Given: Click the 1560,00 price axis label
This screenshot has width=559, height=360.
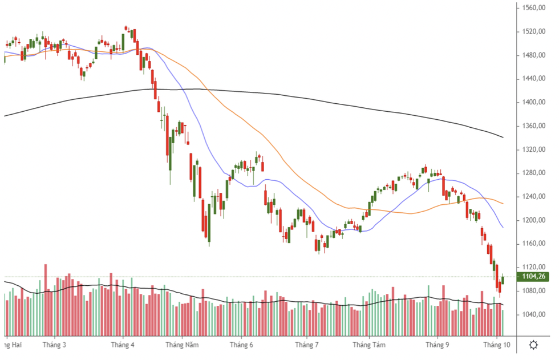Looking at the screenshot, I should [x=533, y=8].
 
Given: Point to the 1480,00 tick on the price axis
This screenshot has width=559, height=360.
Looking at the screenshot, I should [x=533, y=55].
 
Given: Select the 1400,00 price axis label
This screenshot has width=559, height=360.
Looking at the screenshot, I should [x=533, y=102].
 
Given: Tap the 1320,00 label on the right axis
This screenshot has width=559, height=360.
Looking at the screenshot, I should [x=533, y=149].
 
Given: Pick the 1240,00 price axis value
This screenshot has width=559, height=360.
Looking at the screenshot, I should [x=533, y=197].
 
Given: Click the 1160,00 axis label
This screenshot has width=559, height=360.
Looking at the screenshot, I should [x=533, y=244].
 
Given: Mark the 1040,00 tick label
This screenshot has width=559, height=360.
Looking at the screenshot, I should [x=533, y=314].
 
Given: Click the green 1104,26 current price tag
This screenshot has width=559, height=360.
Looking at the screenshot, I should [x=533, y=277].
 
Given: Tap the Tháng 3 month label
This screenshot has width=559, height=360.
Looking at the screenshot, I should [x=54, y=345].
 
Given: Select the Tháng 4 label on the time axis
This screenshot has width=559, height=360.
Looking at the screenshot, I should [x=123, y=345].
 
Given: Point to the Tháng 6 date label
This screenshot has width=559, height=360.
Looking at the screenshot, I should [x=241, y=345].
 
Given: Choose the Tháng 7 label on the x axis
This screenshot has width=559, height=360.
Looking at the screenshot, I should [x=306, y=345].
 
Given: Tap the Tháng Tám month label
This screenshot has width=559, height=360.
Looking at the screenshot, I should [x=369, y=345].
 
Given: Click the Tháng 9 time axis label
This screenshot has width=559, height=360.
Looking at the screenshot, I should [x=438, y=345].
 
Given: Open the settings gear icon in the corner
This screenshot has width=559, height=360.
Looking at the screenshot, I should [x=533, y=345].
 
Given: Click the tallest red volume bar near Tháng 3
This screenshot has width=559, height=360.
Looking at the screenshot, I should [x=46, y=300].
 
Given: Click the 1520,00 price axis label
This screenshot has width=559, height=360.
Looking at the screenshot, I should [x=533, y=31].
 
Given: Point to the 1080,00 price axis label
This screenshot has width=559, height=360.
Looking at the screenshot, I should [x=533, y=291].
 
